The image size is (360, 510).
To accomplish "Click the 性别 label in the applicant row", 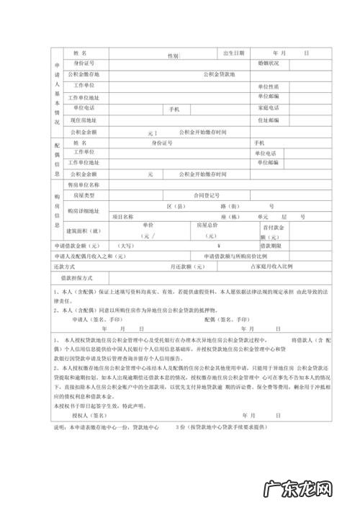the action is [x=173, y=55].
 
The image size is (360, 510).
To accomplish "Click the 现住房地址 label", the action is [x=84, y=120].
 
